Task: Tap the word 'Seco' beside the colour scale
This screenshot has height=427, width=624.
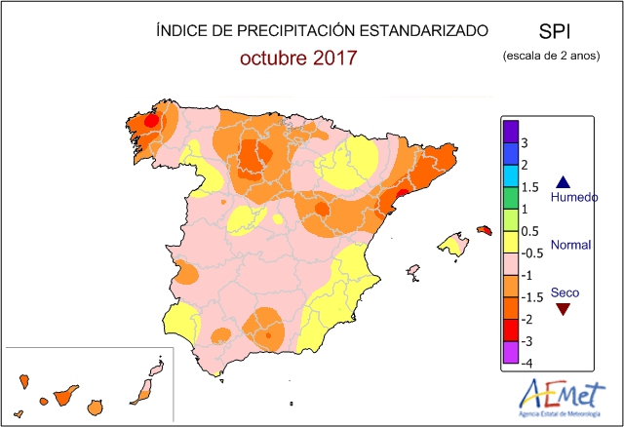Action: pos(563,291)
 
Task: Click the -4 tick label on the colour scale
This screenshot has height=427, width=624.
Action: pos(526,363)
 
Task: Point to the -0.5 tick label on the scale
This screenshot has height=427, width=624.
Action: pos(531,253)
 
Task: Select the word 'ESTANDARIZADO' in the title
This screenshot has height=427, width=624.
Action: pos(430,30)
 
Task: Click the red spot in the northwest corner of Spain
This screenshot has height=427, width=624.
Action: pos(151,121)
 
